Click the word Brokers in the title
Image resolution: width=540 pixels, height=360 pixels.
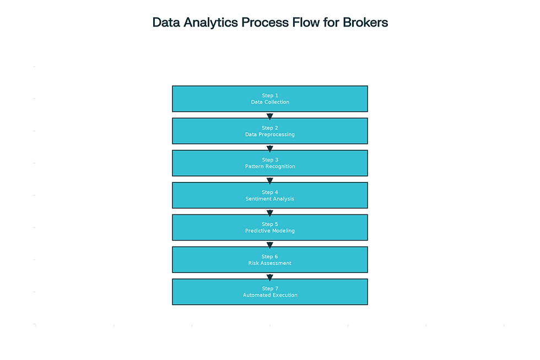pyautogui.click(x=365, y=23)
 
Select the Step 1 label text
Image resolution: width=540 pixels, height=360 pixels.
pyautogui.click(x=270, y=95)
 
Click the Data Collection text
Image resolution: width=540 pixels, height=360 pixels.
pyautogui.click(x=270, y=102)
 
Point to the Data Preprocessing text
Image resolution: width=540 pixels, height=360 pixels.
pyautogui.click(x=270, y=135)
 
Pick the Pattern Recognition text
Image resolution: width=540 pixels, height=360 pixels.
pyautogui.click(x=270, y=166)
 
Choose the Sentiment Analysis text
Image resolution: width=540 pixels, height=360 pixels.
pyautogui.click(x=270, y=198)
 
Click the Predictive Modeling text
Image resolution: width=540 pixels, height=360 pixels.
pyautogui.click(x=270, y=231)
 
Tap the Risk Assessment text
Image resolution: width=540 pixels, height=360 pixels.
pyautogui.click(x=270, y=263)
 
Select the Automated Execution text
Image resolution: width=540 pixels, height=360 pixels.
pyautogui.click(x=270, y=295)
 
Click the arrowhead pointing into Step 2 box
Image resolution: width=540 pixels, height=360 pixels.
pyautogui.click(x=270, y=116)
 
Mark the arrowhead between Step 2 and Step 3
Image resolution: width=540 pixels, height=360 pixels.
pyautogui.click(x=270, y=149)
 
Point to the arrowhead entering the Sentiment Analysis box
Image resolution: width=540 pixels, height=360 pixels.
pyautogui.click(x=270, y=181)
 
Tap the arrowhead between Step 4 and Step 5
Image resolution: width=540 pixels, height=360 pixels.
pyautogui.click(x=270, y=213)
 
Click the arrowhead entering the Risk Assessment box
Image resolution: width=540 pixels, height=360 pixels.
pyautogui.click(x=270, y=245)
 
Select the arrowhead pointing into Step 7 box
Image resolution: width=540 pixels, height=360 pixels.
pyautogui.click(x=270, y=277)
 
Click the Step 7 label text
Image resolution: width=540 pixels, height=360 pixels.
pyautogui.click(x=270, y=288)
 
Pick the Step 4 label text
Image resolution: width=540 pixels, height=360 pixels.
pyautogui.click(x=270, y=192)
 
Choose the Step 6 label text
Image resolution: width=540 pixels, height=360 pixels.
pyautogui.click(x=270, y=256)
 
